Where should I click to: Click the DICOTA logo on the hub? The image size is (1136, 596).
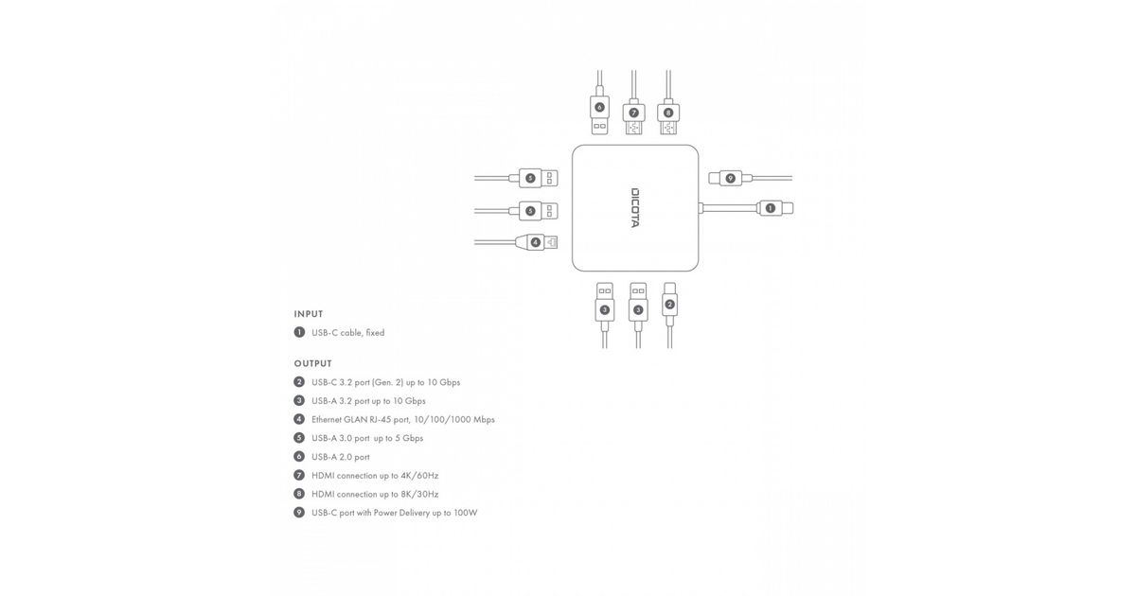pos(635,208)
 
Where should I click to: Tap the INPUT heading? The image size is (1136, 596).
pos(309,314)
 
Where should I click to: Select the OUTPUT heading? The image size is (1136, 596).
pos(313,364)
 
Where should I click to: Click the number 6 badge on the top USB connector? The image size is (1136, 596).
pos(599,108)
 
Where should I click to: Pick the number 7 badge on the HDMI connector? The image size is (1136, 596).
pos(633,113)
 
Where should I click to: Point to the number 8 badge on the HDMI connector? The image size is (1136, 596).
pos(668,113)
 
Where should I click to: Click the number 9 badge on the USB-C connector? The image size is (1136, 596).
pos(730,179)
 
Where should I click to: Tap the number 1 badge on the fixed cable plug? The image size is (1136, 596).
pos(771,208)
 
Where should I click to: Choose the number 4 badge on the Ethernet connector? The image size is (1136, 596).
pos(535,243)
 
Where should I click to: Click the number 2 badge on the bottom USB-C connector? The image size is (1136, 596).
pos(669,305)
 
